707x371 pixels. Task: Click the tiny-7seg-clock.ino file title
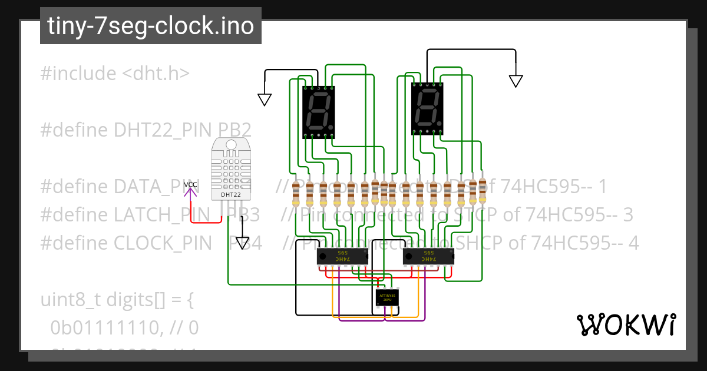pyautogui.click(x=150, y=26)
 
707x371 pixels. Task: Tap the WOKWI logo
pyautogui.click(x=626, y=324)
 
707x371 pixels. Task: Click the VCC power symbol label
pyautogui.click(x=190, y=185)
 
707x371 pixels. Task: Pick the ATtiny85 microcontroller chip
pyautogui.click(x=387, y=297)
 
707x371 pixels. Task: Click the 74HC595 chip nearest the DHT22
pyautogui.click(x=342, y=256)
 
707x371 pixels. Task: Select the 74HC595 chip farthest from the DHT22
pyautogui.click(x=428, y=256)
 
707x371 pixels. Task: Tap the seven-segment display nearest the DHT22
pyautogui.click(x=318, y=112)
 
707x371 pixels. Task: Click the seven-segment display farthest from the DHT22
pyautogui.click(x=427, y=108)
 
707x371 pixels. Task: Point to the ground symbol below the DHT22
pyautogui.click(x=242, y=243)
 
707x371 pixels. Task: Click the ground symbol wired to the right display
pyautogui.click(x=516, y=81)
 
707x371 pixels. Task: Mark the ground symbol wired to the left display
pyautogui.click(x=265, y=99)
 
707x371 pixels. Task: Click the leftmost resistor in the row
pyautogui.click(x=296, y=194)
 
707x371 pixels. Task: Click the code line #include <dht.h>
pyautogui.click(x=115, y=74)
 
